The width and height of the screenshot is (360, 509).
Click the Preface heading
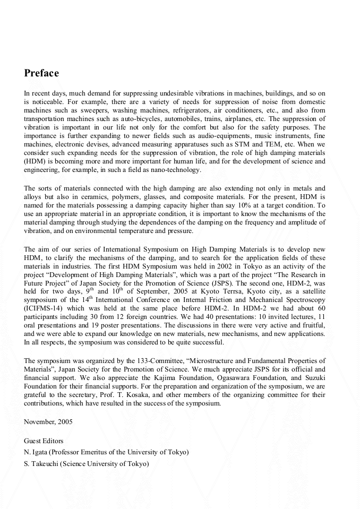(41, 73)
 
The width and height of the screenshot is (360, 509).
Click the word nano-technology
(176, 170)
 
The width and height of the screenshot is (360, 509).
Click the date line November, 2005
(48, 422)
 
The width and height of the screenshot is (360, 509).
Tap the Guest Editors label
(44, 441)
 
